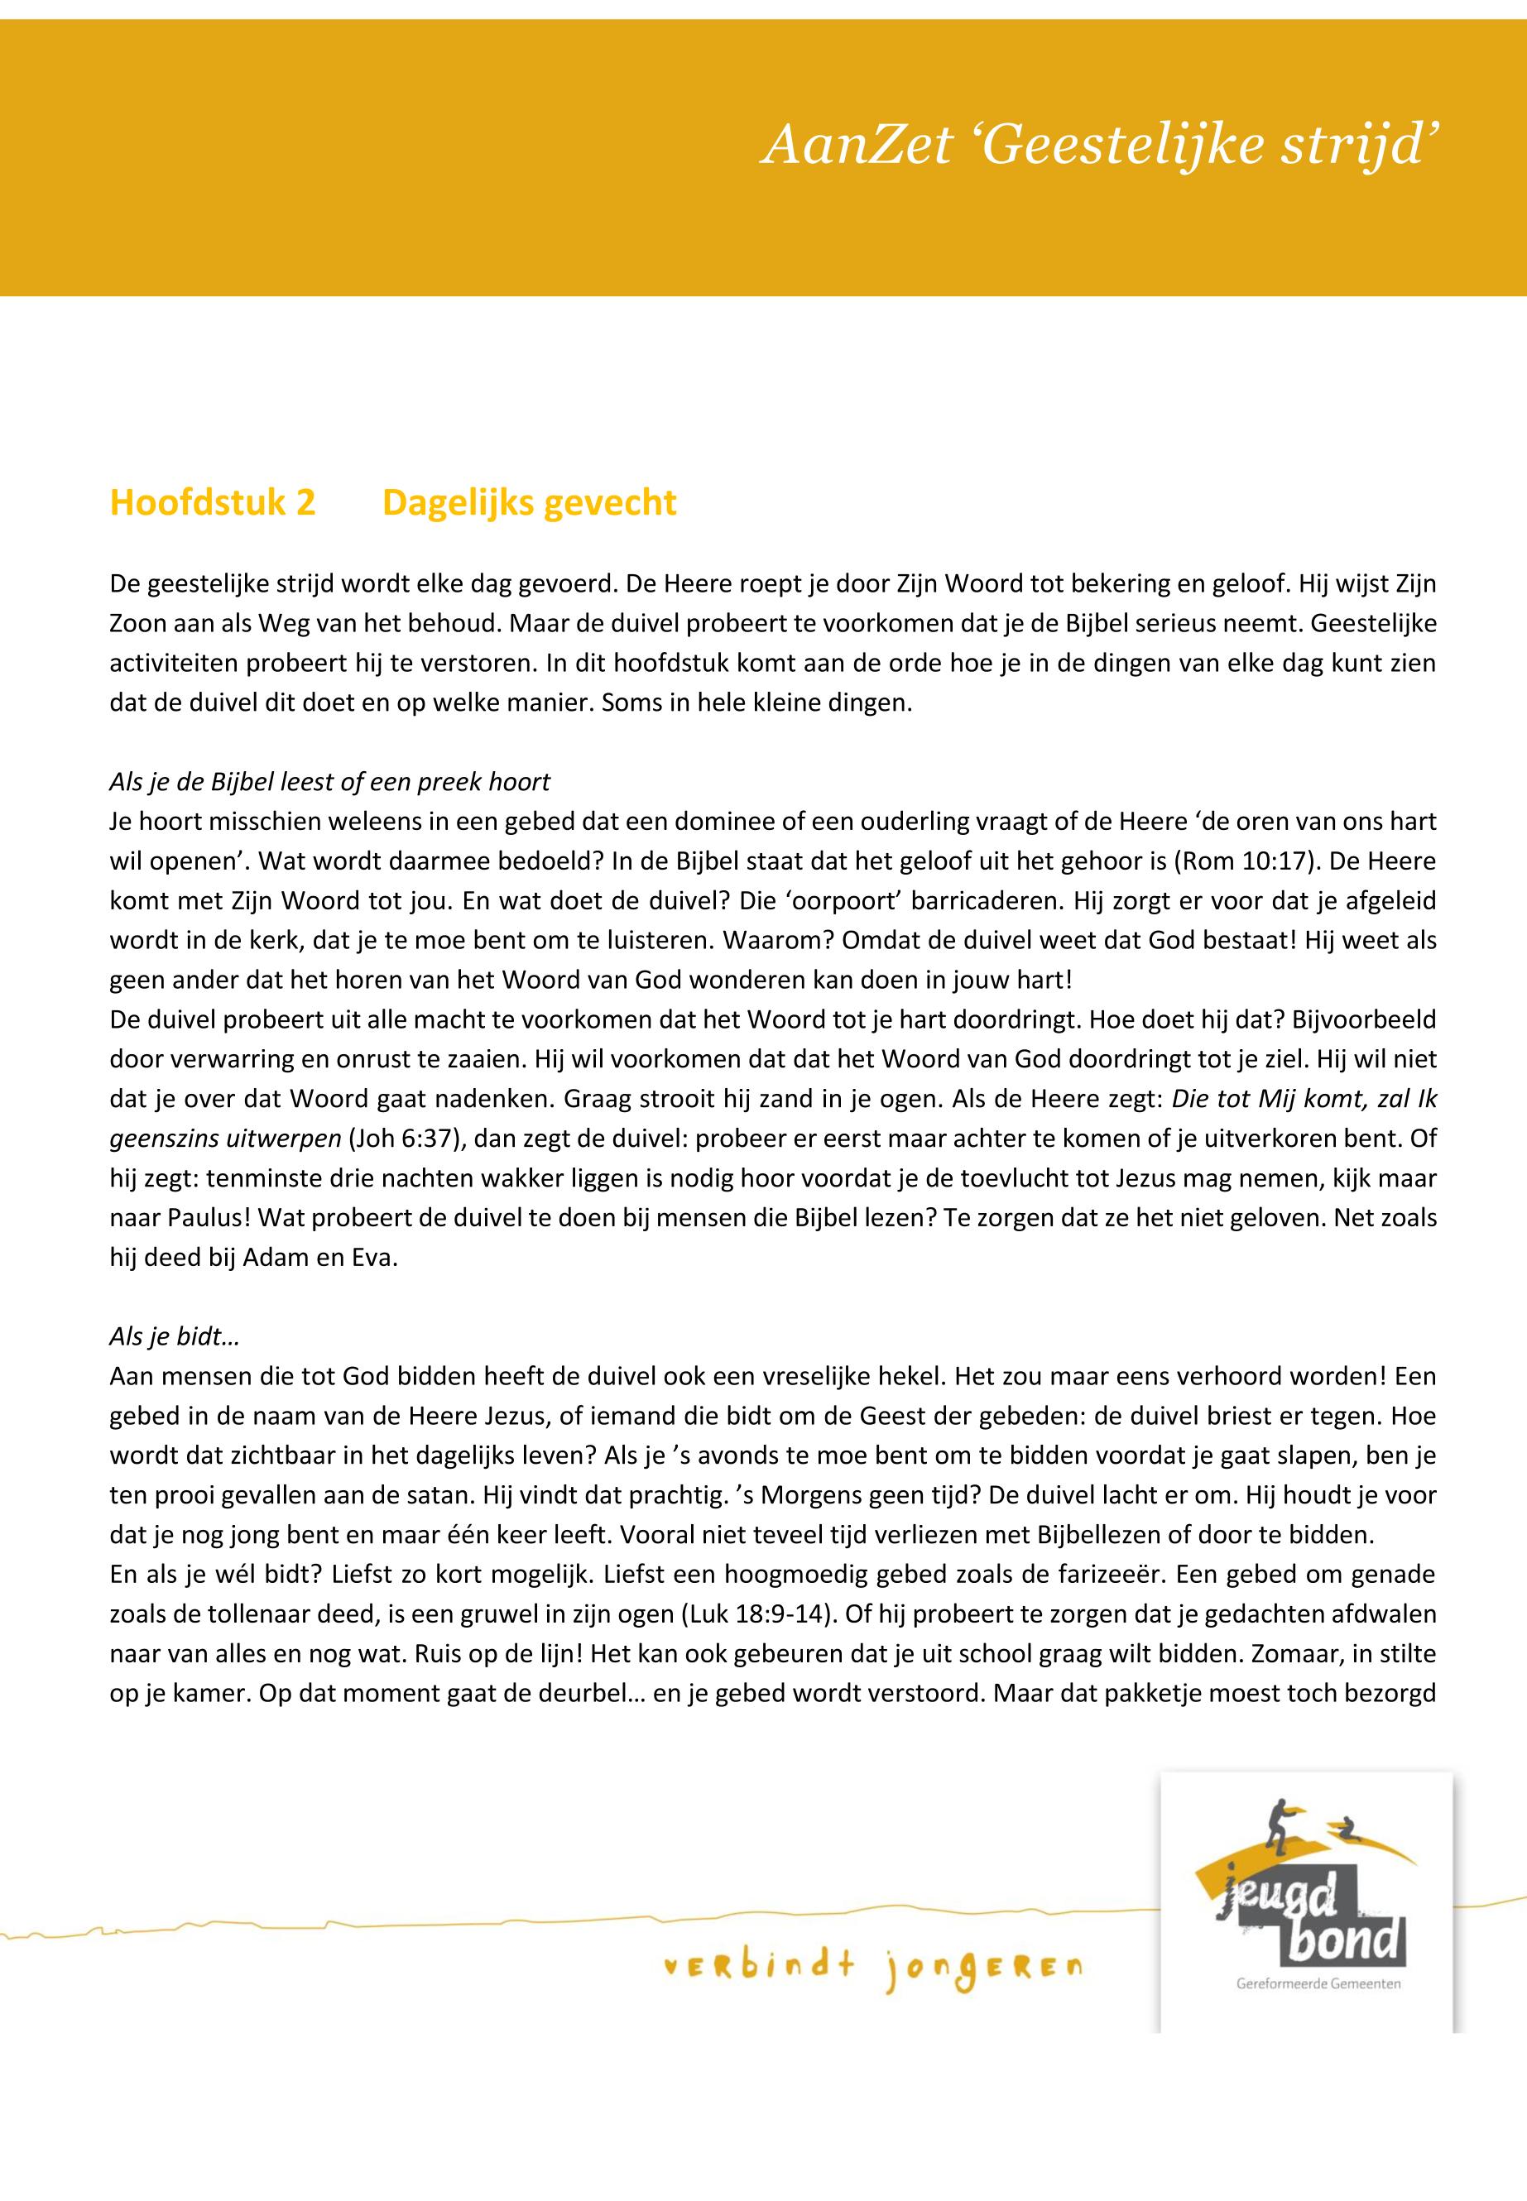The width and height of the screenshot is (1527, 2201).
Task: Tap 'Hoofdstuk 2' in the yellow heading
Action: click(213, 502)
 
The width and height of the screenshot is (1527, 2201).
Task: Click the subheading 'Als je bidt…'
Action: click(174, 1336)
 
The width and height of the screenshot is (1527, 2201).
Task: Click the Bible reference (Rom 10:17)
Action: click(1251, 861)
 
